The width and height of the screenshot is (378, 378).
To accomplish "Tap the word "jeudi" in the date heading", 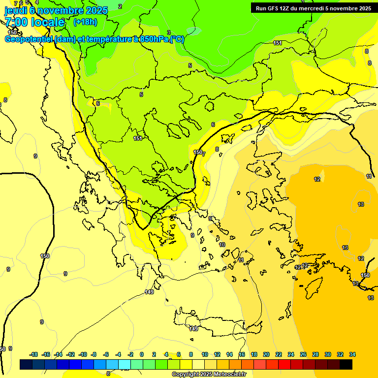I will tap(16, 10).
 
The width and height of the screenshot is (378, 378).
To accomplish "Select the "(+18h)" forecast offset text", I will tap(85, 22).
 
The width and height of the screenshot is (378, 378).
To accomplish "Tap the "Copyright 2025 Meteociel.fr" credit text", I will tap(209, 375).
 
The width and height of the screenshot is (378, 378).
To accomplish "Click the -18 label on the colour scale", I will tap(33, 354).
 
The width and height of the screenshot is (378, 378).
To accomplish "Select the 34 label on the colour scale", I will tap(352, 354).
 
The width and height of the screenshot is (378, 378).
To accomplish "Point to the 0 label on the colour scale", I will tap(142, 354).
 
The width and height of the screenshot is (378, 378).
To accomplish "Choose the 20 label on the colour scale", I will tap(266, 354).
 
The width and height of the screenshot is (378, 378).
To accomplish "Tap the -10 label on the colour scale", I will tap(83, 354).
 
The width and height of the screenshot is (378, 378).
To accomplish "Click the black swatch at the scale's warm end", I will tap(346, 364).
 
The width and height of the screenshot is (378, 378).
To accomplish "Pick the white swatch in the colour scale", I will tap(197, 364).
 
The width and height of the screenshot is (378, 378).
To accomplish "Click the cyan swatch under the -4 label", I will tap(124, 364).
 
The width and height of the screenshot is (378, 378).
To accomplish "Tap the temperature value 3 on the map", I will tap(169, 32).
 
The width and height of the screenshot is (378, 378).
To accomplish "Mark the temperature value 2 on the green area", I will tap(120, 6).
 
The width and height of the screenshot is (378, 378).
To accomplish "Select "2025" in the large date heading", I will tap(96, 10).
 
